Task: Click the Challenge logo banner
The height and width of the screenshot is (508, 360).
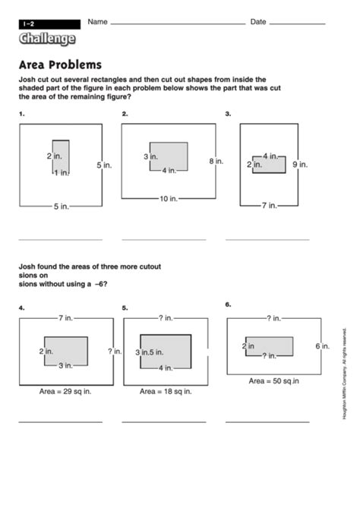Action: pos(47,39)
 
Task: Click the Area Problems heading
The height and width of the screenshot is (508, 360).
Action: pos(60,65)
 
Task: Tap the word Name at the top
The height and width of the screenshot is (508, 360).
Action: pos(97,22)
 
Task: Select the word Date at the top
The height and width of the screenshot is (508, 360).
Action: pos(258,22)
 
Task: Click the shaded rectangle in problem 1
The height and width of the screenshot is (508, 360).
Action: pos(61,158)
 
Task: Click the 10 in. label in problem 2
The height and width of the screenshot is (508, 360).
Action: pos(168,199)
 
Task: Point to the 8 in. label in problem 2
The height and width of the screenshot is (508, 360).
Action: pos(216,161)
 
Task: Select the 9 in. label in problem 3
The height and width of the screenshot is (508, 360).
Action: pos(299,164)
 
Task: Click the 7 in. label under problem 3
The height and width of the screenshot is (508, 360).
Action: pos(269,206)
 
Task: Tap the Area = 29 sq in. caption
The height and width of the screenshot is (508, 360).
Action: pos(66,392)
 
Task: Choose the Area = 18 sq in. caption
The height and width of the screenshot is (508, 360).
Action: pos(166,392)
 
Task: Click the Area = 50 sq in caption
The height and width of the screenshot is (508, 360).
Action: pos(274,380)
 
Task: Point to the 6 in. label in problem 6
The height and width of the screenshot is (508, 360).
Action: pos(322,346)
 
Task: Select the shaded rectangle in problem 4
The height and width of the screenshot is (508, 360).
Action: pos(65,350)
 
